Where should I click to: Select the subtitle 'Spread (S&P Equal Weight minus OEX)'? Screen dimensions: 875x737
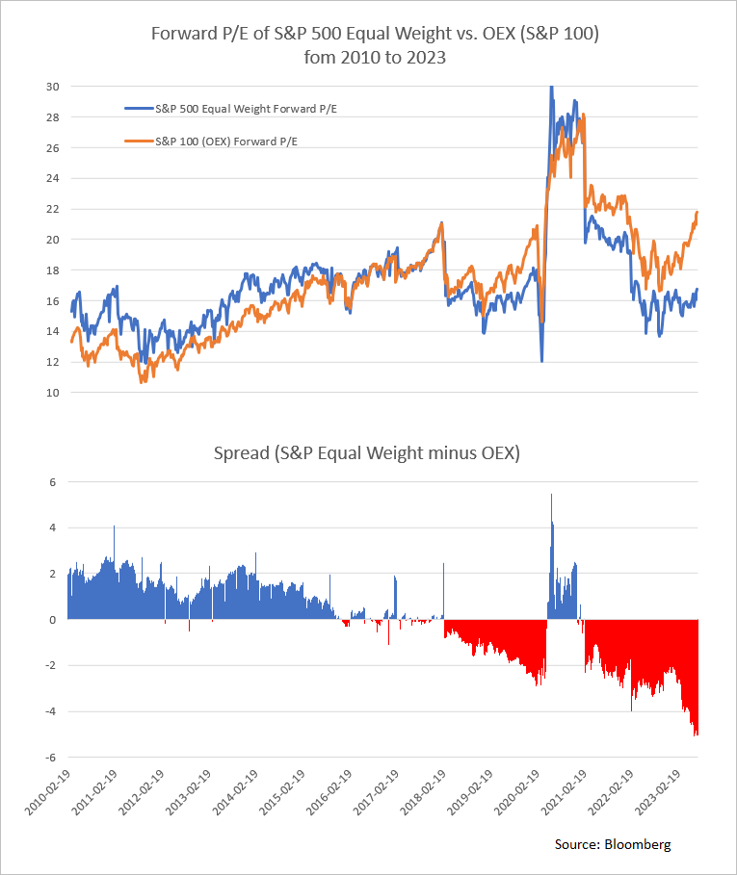click(x=368, y=453)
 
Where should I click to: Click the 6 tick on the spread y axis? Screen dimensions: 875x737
click(x=56, y=482)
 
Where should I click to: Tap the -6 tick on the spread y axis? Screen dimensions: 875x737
click(x=54, y=758)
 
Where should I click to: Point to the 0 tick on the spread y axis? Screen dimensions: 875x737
click(x=56, y=620)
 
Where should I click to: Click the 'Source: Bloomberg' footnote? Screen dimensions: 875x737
click(x=613, y=844)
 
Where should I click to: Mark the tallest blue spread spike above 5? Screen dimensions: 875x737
click(x=551, y=497)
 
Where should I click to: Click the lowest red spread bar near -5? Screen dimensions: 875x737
click(x=696, y=734)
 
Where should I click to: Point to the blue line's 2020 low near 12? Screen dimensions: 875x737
click(x=541, y=360)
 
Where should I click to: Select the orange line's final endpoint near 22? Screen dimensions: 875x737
click(x=698, y=212)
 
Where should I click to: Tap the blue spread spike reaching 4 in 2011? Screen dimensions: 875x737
click(x=114, y=528)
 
